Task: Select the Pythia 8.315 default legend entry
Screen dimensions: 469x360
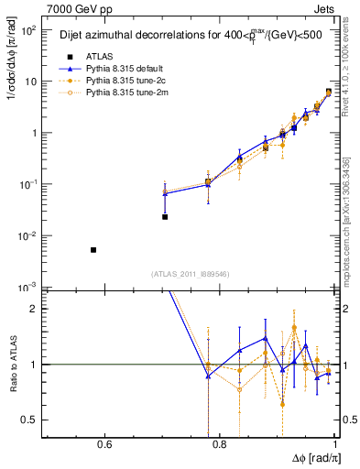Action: point(108,67)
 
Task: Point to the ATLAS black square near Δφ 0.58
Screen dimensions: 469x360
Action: point(93,250)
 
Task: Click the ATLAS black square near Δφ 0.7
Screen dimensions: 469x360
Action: point(165,217)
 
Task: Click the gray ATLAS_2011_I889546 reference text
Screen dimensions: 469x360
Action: point(190,274)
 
